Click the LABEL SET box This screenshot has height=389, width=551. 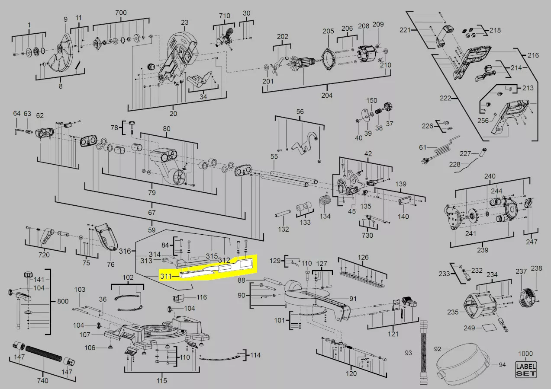(525, 370)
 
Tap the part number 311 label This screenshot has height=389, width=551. (166, 276)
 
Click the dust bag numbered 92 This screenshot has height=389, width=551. (462, 363)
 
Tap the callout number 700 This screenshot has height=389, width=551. (121, 13)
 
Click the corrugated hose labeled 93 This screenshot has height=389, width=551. (424, 352)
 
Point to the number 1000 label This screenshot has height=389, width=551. (525, 354)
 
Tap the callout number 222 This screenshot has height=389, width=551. (445, 98)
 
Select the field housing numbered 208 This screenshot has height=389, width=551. (367, 54)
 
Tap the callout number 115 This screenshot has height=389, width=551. (161, 381)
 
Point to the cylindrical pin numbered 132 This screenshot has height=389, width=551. (283, 213)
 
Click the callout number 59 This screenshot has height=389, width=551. (152, 230)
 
